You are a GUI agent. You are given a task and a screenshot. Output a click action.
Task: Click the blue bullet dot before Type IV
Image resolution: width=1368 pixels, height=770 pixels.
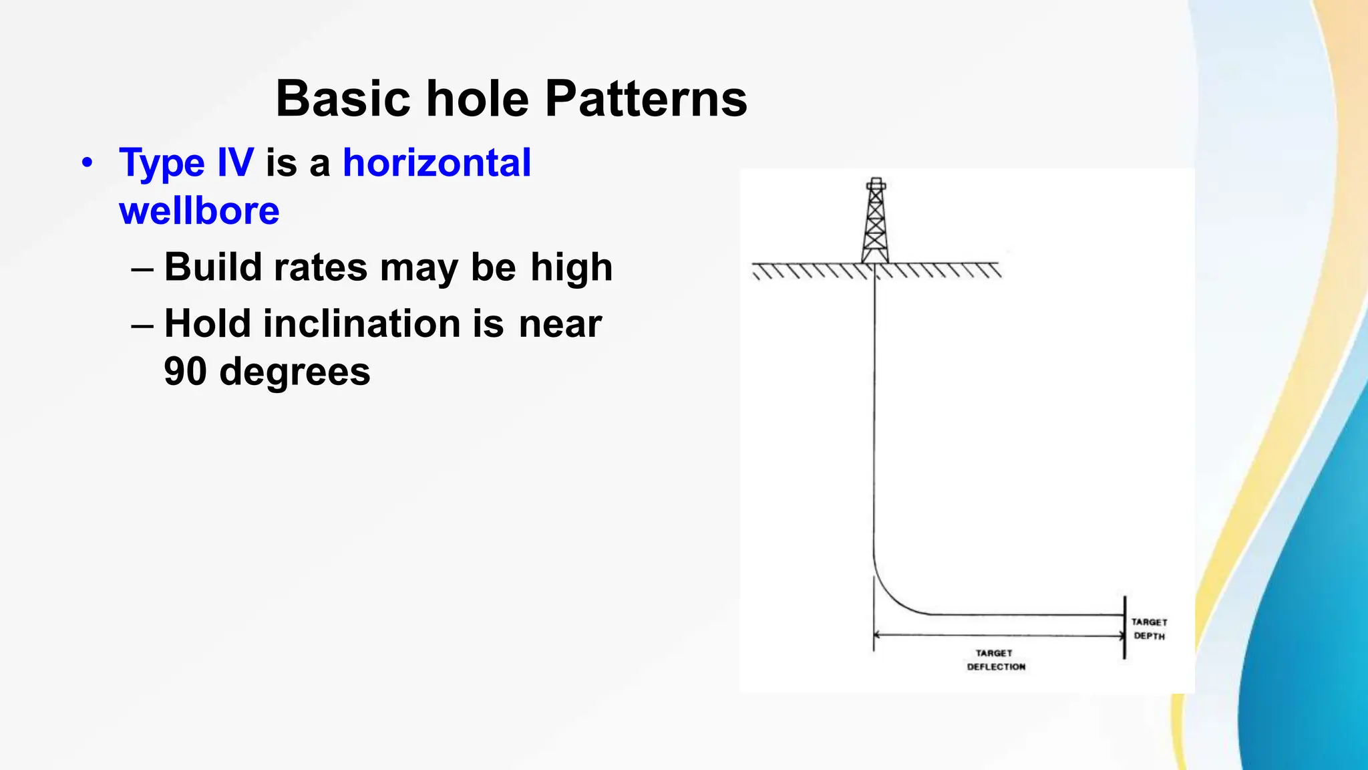86,163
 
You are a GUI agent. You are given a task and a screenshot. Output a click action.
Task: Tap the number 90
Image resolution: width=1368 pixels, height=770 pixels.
185,372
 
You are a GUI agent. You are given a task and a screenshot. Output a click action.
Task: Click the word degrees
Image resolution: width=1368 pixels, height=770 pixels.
295,372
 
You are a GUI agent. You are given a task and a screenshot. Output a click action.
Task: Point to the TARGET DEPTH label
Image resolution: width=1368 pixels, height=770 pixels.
1149,629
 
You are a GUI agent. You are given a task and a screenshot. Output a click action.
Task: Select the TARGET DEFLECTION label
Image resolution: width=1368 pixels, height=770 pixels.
995,660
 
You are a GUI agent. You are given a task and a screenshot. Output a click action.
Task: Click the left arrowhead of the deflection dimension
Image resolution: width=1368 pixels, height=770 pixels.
878,636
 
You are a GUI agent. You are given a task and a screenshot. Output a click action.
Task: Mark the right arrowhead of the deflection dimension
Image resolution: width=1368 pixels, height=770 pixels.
1120,636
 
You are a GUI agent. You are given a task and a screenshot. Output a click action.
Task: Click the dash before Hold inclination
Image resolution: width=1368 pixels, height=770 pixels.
142,325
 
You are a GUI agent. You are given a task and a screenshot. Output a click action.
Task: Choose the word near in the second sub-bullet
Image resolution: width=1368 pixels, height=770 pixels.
560,324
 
